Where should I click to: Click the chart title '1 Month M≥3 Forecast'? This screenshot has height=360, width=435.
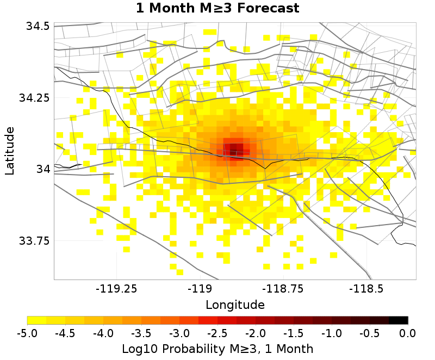[x=217, y=8]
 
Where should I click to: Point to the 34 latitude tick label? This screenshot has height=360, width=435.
[x=43, y=169]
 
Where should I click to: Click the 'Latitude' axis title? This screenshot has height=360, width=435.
[x=10, y=151]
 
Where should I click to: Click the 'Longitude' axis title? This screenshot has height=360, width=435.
[x=235, y=305]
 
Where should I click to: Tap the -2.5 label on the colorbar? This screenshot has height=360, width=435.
[x=217, y=332]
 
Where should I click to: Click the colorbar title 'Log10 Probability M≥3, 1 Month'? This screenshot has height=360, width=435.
[x=217, y=348]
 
